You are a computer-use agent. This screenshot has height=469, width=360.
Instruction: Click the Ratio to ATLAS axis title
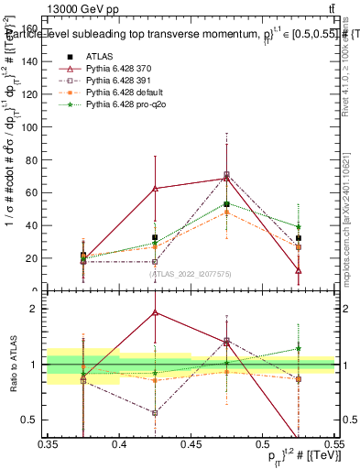click(12, 364)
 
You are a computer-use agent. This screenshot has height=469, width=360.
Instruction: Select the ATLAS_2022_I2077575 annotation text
click(190, 274)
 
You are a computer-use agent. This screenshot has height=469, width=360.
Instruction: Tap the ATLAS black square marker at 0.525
click(299, 238)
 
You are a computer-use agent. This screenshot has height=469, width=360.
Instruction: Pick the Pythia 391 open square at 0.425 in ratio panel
click(155, 413)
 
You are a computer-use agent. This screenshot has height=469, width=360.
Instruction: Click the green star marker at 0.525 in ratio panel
click(299, 348)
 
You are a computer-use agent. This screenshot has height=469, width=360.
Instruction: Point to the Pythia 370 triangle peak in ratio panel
click(155, 312)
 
